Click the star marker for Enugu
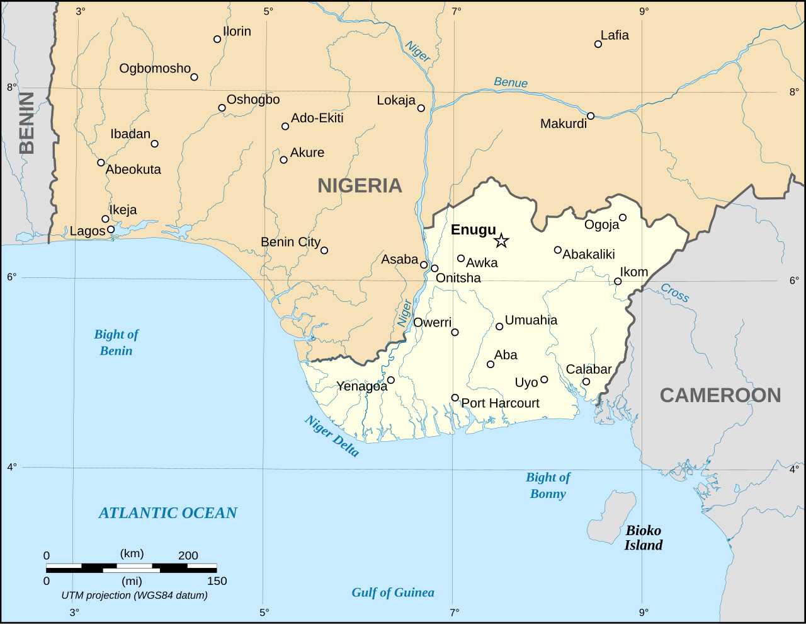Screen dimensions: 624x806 501,240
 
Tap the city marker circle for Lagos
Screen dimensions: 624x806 111,229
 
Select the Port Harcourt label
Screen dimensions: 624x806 500,403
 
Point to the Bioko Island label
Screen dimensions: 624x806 643,538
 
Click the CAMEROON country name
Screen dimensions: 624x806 720,395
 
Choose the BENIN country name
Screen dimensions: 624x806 26,123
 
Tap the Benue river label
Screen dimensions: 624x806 511,83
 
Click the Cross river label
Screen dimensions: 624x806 674,293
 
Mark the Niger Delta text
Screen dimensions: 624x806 332,436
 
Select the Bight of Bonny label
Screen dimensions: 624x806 548,485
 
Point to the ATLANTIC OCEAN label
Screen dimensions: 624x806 167,513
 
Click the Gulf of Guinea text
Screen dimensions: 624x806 393,592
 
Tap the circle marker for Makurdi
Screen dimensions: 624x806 591,116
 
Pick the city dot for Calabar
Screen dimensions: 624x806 586,381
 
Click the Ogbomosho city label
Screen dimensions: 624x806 155,68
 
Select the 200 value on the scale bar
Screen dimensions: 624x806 188,555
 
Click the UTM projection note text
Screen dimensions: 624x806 134,595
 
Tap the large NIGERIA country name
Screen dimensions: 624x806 360,185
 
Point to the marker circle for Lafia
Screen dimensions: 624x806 598,44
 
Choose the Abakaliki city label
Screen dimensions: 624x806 588,255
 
